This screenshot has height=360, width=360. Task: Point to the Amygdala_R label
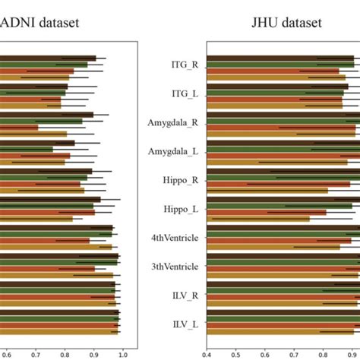click(x=175, y=122)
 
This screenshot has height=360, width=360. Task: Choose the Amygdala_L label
click(x=175, y=151)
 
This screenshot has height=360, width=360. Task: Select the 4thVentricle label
click(x=175, y=238)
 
